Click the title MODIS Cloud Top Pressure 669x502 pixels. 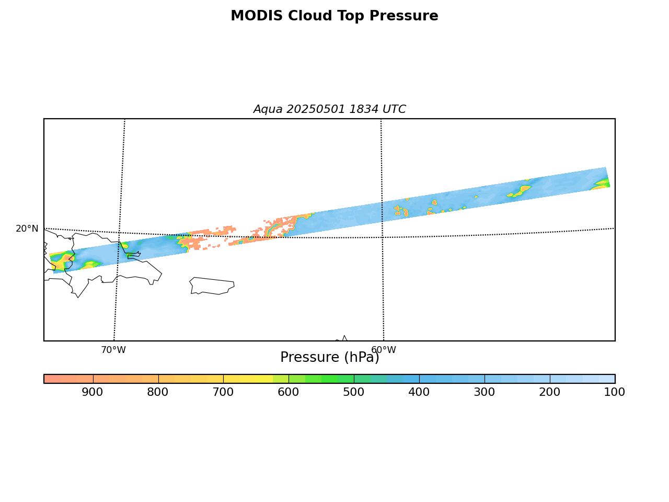[334, 16]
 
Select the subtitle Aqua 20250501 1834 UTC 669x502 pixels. [329, 109]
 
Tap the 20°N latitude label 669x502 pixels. [27, 229]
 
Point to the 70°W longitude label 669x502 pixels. [113, 350]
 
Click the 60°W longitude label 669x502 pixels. [384, 350]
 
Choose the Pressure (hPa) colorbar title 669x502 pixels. [329, 357]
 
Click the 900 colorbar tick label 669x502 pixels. [93, 392]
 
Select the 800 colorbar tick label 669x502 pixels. [157, 392]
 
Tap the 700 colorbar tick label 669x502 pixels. [223, 392]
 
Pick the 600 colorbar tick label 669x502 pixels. [289, 392]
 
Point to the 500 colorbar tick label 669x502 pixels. [353, 392]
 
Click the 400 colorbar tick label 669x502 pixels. [419, 392]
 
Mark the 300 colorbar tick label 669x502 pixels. [485, 392]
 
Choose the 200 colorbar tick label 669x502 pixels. [549, 392]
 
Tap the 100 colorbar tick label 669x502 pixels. [615, 392]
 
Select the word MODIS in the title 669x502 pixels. [257, 16]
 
